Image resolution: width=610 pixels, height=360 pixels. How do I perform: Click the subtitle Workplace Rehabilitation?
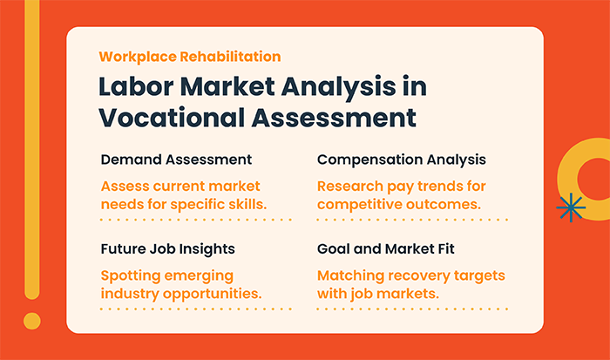[190, 57]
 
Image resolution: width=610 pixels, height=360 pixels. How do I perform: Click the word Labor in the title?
[136, 86]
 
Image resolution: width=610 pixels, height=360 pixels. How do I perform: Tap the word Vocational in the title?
[172, 118]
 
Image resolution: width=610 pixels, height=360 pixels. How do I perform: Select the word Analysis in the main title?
[339, 87]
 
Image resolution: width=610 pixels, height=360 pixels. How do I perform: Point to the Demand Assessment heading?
[176, 160]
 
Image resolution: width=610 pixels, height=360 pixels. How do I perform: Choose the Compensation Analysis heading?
[402, 160]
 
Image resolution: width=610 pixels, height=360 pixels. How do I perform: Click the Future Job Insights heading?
[167, 249]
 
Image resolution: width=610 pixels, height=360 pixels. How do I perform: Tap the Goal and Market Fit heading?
[385, 249]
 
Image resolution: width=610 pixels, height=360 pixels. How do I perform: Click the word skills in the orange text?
[247, 204]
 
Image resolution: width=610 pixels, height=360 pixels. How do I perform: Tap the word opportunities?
[213, 295]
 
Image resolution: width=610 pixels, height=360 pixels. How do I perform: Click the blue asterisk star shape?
[571, 207]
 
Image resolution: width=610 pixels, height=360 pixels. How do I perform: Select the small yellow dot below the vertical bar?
[32, 321]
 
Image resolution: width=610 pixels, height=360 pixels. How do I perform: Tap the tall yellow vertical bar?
[32, 150]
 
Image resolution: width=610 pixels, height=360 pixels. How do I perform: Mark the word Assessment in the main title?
[334, 118]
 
